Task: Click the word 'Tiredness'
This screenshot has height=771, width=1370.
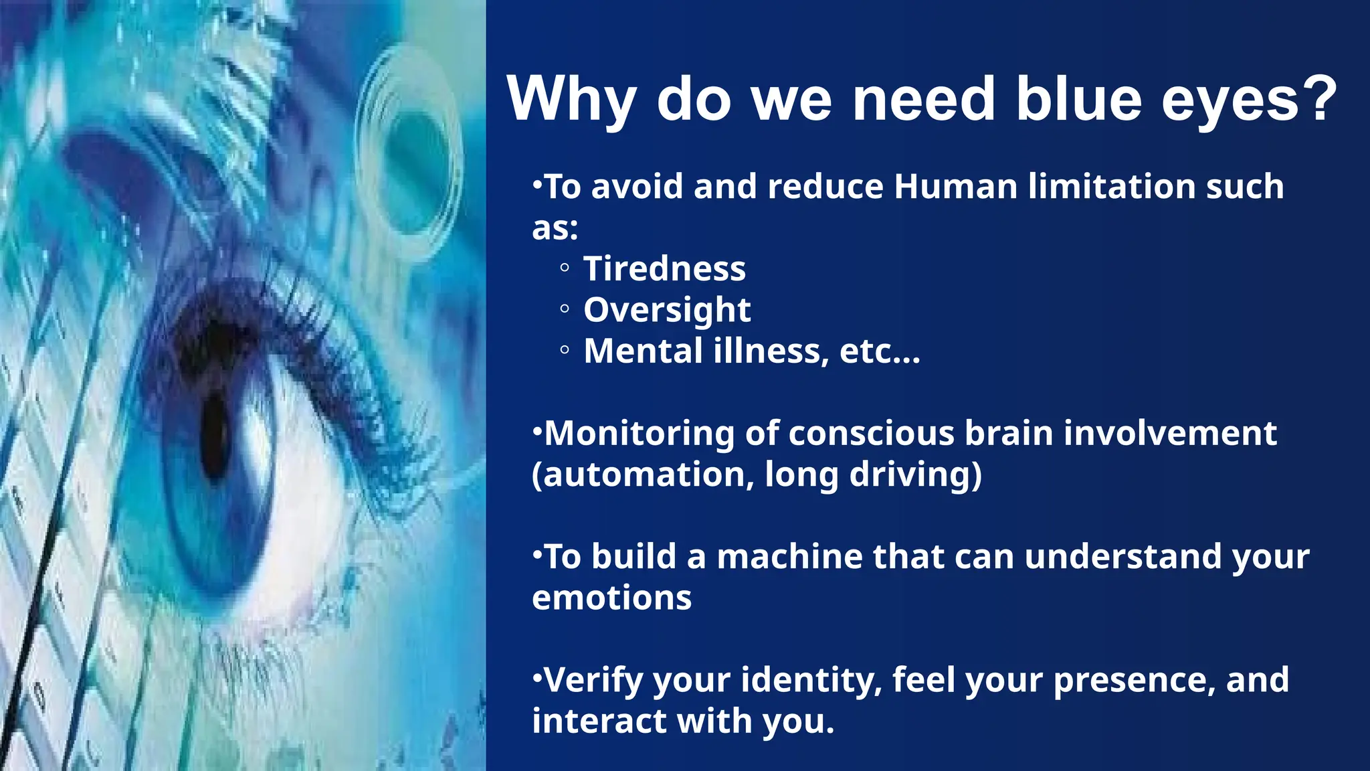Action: [664, 269]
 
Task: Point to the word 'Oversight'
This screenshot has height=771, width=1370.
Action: [667, 310]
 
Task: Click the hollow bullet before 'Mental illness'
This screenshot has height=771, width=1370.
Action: [565, 350]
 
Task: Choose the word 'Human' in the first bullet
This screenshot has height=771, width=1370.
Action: [955, 187]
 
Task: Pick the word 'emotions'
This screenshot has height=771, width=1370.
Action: [611, 598]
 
